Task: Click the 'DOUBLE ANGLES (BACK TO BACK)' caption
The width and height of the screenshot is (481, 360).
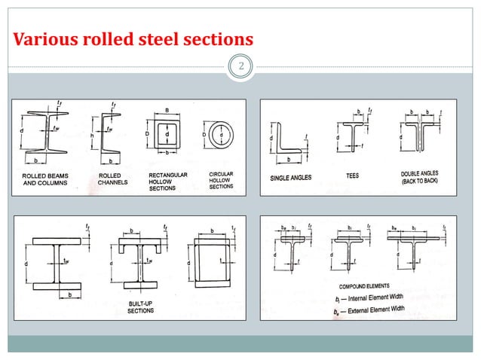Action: pos(420,178)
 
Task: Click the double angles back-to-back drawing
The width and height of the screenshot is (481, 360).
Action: pos(420,136)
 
